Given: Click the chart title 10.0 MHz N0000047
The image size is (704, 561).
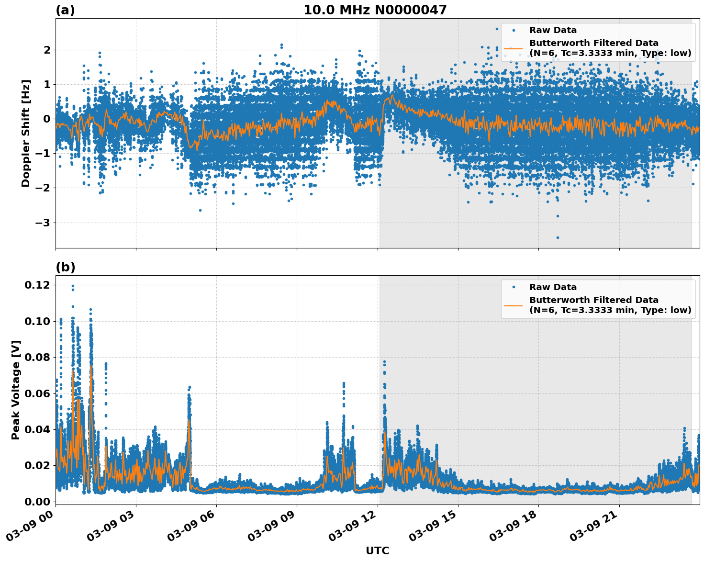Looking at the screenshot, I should [375, 10].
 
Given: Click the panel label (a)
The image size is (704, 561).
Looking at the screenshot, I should [65, 10].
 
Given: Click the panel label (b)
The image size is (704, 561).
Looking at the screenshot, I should [65, 267].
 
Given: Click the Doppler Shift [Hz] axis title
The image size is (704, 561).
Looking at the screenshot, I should [26, 133].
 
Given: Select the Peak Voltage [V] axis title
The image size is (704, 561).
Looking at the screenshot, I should [16, 390].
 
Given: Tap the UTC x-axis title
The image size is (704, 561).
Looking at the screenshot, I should [377, 551].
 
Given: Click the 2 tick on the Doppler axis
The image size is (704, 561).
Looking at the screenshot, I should [47, 50].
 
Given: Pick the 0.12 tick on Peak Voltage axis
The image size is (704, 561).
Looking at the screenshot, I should [37, 285].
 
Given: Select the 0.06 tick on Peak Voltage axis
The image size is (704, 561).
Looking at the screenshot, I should [37, 393].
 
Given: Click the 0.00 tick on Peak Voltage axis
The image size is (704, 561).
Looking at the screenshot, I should [37, 502].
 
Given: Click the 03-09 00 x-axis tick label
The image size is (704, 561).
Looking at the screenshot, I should [32, 526].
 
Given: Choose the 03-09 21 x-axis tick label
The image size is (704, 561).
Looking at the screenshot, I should [595, 526].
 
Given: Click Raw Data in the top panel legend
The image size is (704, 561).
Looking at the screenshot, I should [553, 30].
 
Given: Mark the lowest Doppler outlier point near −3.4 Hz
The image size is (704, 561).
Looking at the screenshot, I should [558, 237].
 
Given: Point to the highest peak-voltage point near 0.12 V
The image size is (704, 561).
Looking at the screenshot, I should [73, 286].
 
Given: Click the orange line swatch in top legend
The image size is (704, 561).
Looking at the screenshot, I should [513, 48].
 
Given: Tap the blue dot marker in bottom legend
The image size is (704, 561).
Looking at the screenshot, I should [513, 287].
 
